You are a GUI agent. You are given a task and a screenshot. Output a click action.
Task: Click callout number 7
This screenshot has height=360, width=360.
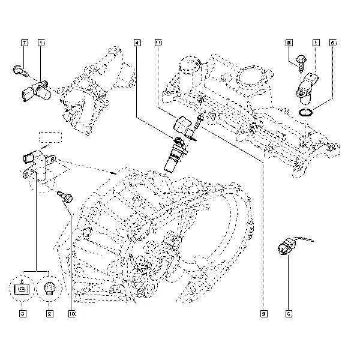point(25,43)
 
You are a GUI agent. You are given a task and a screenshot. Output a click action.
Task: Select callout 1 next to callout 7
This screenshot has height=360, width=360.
point(41,43)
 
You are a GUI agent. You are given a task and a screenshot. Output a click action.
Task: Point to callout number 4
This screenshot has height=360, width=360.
point(138,43)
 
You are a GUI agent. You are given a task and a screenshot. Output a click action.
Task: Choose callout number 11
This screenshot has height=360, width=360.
point(158,43)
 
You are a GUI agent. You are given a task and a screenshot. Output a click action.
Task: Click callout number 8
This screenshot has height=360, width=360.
point(289,43)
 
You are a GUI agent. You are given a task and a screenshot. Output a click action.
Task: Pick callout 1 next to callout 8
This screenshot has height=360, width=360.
point(316,43)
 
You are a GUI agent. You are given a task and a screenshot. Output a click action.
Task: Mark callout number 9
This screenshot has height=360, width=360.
point(263,313)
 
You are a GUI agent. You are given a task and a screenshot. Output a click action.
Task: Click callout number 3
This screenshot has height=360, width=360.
point(22,313)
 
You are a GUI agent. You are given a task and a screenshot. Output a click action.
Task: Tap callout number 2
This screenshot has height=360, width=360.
point(49,313)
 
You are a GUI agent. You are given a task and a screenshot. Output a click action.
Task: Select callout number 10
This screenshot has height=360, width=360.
point(71,313)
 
